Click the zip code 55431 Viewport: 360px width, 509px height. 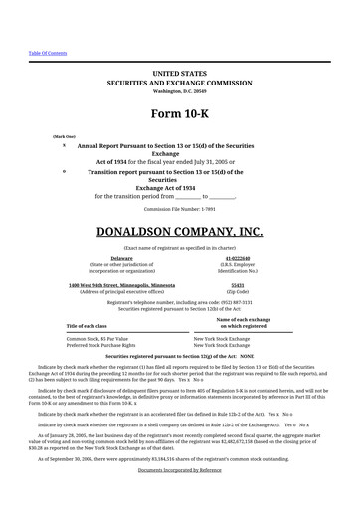(x=238, y=284)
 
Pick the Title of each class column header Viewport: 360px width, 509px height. (x=87, y=326)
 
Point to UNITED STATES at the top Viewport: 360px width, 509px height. (x=179, y=74)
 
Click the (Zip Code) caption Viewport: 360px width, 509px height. (x=238, y=291)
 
